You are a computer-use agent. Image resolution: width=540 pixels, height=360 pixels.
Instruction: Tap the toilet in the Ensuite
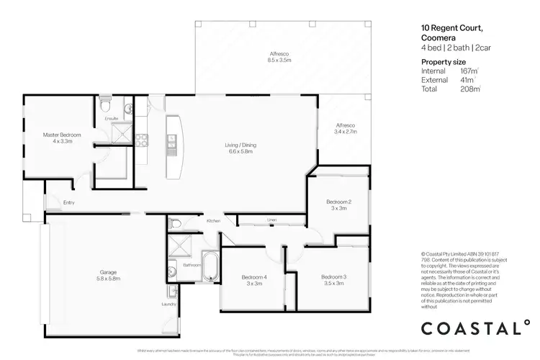105,102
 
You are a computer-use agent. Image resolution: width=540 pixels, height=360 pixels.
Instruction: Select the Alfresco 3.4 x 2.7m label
344,129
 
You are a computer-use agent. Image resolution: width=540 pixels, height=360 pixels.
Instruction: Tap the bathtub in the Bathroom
210,267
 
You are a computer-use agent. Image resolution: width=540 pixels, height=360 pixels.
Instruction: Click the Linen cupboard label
271,219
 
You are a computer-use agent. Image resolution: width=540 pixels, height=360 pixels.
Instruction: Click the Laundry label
168,304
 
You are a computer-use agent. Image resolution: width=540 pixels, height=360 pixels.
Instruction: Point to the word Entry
69,202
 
